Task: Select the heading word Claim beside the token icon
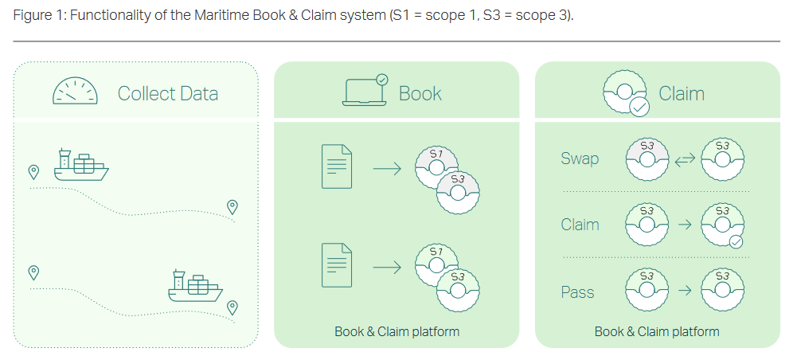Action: pyautogui.click(x=682, y=93)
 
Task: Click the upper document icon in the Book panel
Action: pyautogui.click(x=336, y=166)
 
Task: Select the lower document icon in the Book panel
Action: pyautogui.click(x=336, y=265)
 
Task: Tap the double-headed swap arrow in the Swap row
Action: pyautogui.click(x=685, y=159)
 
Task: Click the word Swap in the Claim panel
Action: pyautogui.click(x=580, y=158)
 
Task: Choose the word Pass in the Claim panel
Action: pyautogui.click(x=577, y=292)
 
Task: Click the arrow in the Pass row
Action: pyautogui.click(x=683, y=292)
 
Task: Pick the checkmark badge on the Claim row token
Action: pyautogui.click(x=736, y=241)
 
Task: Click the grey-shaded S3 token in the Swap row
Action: pyautogui.click(x=646, y=158)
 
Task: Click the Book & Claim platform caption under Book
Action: pyautogui.click(x=397, y=331)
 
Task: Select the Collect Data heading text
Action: pyautogui.click(x=167, y=93)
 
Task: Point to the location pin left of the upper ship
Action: pyautogui.click(x=33, y=171)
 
